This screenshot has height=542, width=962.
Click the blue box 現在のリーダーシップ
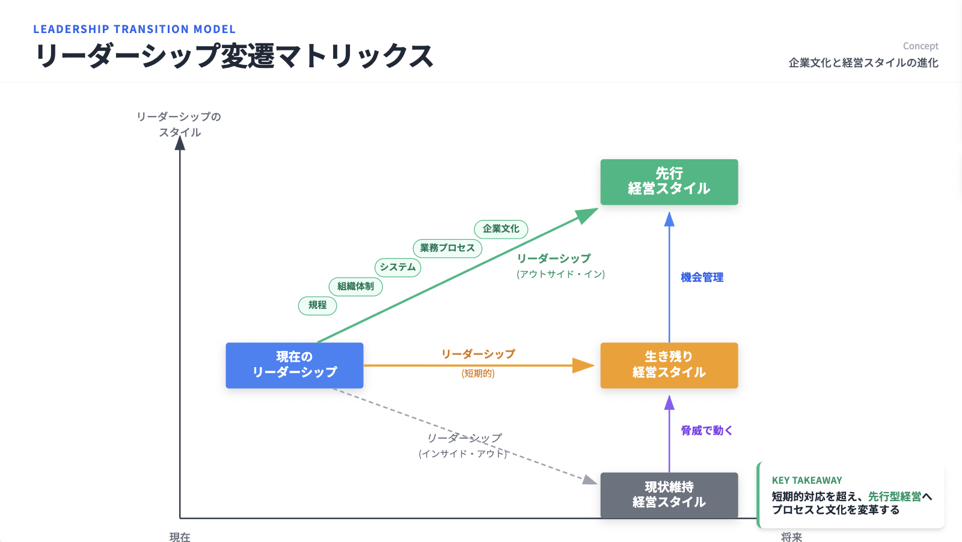click(x=295, y=365)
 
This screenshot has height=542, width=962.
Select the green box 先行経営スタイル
click(x=669, y=181)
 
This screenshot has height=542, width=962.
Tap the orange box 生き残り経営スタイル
click(x=669, y=365)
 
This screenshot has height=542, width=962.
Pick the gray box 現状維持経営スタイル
click(x=669, y=495)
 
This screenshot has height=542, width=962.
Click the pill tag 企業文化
click(x=501, y=229)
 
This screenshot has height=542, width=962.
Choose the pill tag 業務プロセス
click(x=447, y=248)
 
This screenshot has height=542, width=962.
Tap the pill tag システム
click(x=397, y=267)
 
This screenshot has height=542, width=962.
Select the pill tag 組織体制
click(x=355, y=287)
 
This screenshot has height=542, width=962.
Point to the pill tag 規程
click(x=317, y=305)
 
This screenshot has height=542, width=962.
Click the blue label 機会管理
click(x=702, y=278)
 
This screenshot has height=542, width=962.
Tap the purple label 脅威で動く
click(x=706, y=431)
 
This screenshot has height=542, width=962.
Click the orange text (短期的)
click(x=478, y=374)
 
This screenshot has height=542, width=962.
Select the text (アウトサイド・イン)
click(x=560, y=274)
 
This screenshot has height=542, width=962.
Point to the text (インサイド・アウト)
click(x=463, y=454)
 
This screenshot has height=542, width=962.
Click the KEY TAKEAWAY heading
click(x=807, y=480)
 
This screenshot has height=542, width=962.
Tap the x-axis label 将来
click(x=791, y=537)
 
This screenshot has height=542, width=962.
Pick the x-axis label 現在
click(x=180, y=537)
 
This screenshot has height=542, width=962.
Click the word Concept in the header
click(x=920, y=46)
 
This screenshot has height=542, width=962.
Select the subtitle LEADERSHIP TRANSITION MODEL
click(x=134, y=29)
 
